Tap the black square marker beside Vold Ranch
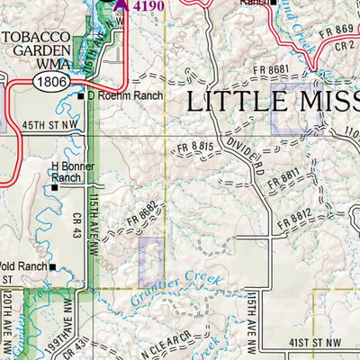click(x=53, y=267)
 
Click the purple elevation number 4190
click(x=149, y=5)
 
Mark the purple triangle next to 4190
click(x=121, y=4)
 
